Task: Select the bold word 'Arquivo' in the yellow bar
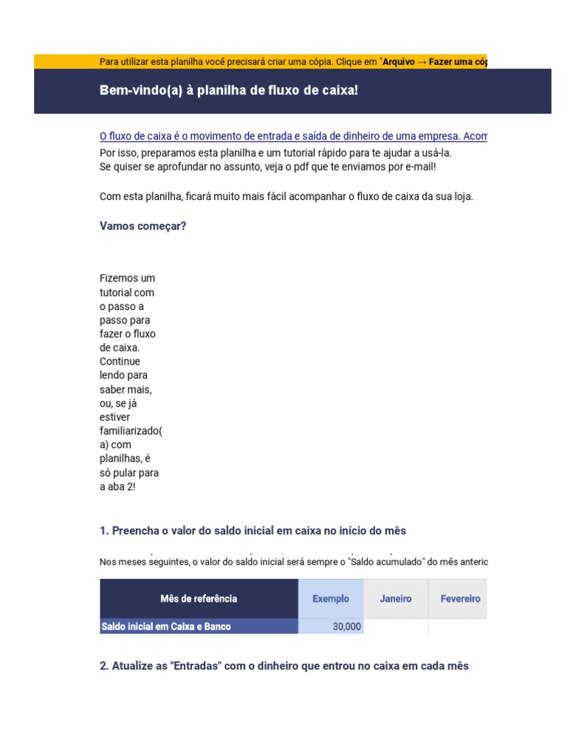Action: (399, 61)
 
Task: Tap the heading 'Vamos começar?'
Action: (142, 226)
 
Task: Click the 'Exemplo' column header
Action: (331, 599)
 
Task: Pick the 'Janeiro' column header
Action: (396, 599)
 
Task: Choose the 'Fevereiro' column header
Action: (460, 599)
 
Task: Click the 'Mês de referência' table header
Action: (199, 599)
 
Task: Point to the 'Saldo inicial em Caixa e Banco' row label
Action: (165, 627)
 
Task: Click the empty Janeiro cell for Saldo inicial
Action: (396, 627)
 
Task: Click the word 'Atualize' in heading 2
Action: (133, 666)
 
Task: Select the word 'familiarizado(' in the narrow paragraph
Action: (130, 431)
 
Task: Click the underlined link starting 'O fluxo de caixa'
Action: (293, 137)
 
